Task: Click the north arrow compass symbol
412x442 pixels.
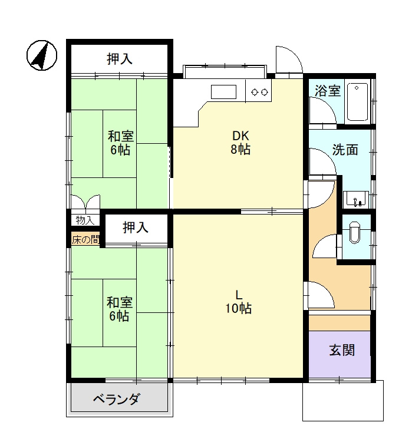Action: click(x=42, y=55)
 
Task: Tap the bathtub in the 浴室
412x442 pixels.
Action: click(x=357, y=102)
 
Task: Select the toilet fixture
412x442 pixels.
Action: click(x=354, y=233)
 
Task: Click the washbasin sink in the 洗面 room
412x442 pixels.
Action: click(x=356, y=199)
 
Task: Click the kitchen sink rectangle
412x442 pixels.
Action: click(x=223, y=91)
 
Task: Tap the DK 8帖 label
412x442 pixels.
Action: click(x=240, y=143)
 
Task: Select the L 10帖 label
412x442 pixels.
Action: click(x=239, y=302)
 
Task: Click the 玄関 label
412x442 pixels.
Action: click(x=342, y=350)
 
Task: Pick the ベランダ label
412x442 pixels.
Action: click(x=116, y=399)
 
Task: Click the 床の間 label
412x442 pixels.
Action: click(x=85, y=240)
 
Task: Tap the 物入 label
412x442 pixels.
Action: click(x=85, y=220)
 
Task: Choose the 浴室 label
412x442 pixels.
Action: click(x=328, y=91)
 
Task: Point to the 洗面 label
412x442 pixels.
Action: click(x=345, y=150)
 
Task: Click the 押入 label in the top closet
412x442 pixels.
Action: click(x=120, y=59)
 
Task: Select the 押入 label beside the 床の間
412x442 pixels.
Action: click(x=136, y=227)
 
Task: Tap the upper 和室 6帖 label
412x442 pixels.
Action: click(x=120, y=143)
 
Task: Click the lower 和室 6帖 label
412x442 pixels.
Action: click(x=119, y=309)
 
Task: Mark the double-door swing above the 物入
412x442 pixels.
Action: click(x=85, y=202)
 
